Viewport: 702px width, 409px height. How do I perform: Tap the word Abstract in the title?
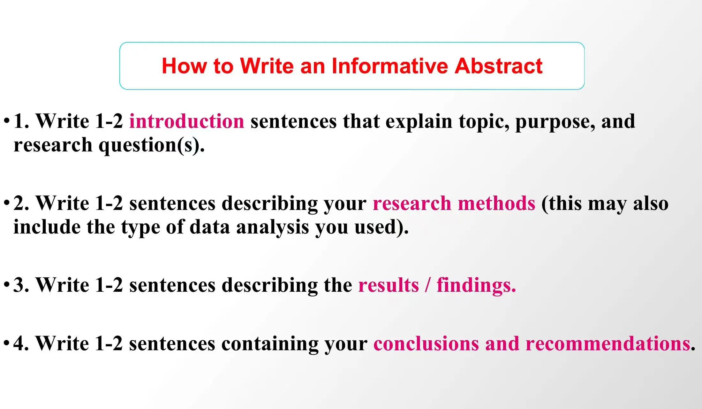498,66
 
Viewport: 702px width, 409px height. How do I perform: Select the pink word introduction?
187,121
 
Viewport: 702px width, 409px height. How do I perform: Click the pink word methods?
496,203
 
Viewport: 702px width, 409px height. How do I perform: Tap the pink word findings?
476,286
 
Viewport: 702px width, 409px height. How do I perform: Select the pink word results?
389,285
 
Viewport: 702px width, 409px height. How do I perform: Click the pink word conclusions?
426,344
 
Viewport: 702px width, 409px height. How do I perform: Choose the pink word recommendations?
608,344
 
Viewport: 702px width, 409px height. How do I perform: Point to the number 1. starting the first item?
21,121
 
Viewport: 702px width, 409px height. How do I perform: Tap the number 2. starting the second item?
21,203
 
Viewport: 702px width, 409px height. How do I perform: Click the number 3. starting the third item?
21,285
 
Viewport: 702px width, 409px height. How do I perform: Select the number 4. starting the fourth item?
21,344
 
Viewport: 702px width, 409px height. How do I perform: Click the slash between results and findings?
428,285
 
